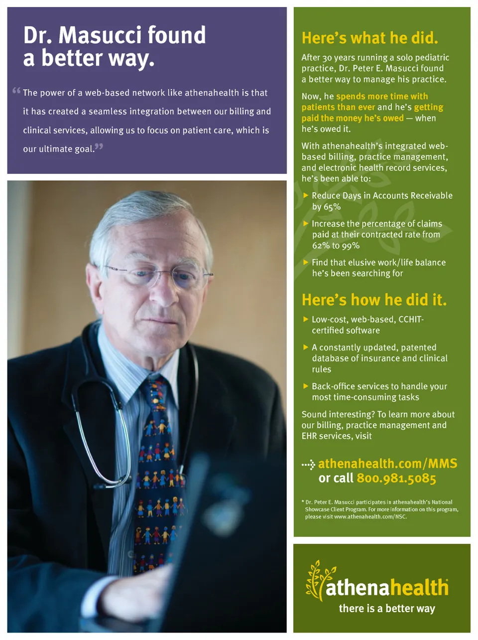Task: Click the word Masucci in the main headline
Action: pyautogui.click(x=100, y=35)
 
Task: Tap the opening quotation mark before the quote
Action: pyautogui.click(x=16, y=91)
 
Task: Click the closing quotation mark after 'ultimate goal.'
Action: pyautogui.click(x=99, y=147)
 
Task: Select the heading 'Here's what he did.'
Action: pyautogui.click(x=369, y=38)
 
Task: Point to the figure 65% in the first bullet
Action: pyautogui.click(x=331, y=207)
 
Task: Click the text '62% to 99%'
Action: pyautogui.click(x=336, y=246)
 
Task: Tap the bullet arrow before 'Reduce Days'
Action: pyautogui.click(x=306, y=195)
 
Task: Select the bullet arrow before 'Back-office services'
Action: pyautogui.click(x=306, y=386)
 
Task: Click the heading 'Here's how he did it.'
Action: pyautogui.click(x=374, y=300)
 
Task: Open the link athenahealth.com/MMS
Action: pyautogui.click(x=387, y=464)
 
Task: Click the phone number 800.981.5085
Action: pyautogui.click(x=396, y=479)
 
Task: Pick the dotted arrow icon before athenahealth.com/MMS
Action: pyautogui.click(x=308, y=465)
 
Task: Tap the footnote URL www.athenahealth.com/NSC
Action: pyautogui.click(x=370, y=517)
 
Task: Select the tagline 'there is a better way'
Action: pyautogui.click(x=387, y=609)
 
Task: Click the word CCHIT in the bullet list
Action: pyautogui.click(x=411, y=320)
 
